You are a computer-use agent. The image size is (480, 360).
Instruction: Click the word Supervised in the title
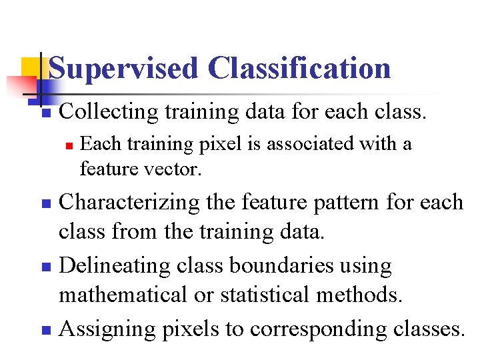[123, 69]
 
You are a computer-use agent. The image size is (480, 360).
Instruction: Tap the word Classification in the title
[299, 69]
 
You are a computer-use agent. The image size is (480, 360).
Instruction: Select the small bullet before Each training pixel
[67, 145]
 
